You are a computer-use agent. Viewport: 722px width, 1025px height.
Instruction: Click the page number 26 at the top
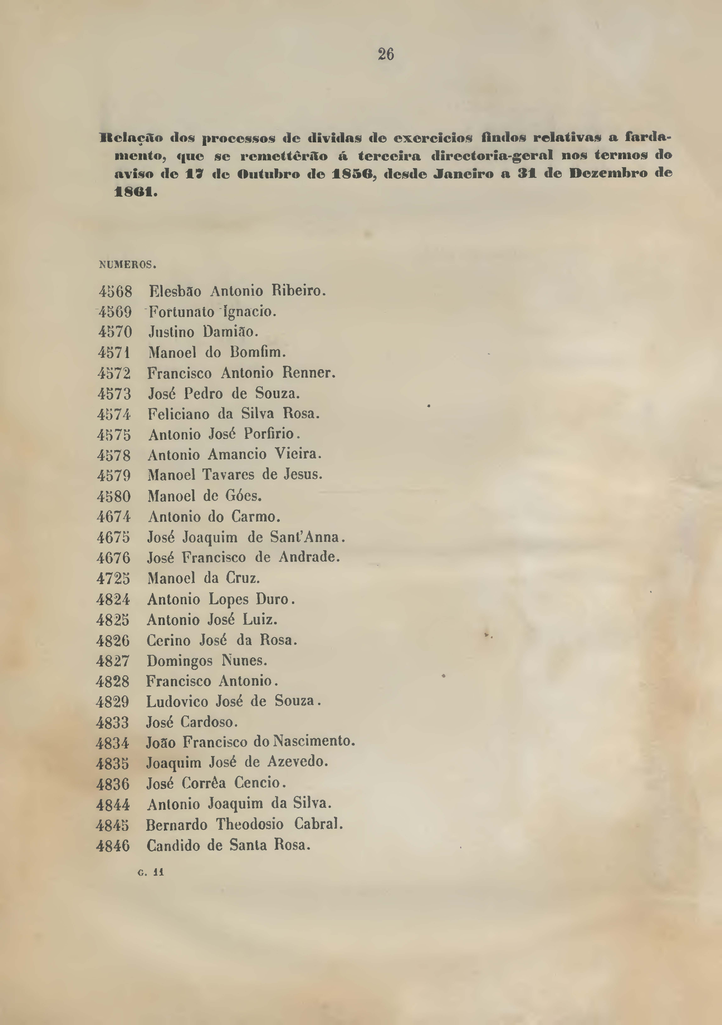[x=386, y=55]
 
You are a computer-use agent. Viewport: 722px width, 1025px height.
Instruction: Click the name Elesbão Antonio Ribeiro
[x=237, y=291]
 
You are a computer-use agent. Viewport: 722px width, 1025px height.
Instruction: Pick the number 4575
[x=114, y=435]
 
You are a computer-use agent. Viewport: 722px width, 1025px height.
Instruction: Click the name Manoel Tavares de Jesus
[x=235, y=474]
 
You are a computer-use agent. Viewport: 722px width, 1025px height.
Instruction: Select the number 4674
[x=114, y=517]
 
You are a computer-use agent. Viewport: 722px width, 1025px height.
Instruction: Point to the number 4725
[x=113, y=579]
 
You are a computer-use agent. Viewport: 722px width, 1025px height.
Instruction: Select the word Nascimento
[x=314, y=742]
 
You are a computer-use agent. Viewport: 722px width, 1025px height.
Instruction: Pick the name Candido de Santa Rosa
[x=228, y=845]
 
